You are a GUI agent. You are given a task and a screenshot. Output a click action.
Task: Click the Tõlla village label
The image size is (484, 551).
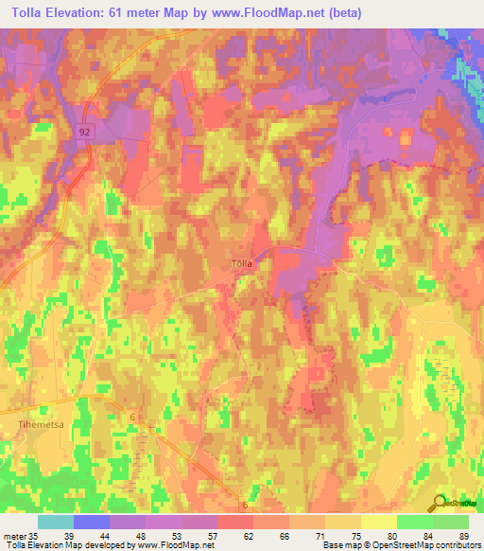(x=242, y=265)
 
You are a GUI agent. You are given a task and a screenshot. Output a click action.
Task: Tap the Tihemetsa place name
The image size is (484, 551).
(x=40, y=425)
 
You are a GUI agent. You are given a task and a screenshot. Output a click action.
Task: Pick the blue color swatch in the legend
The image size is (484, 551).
(x=92, y=522)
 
